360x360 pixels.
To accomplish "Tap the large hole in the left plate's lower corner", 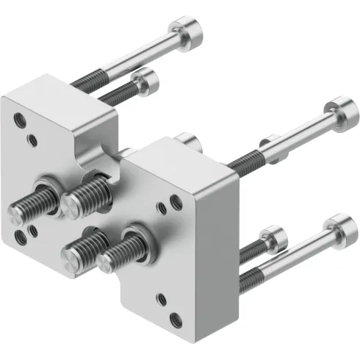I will (20, 235).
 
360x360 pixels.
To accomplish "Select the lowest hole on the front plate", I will (175, 318).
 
